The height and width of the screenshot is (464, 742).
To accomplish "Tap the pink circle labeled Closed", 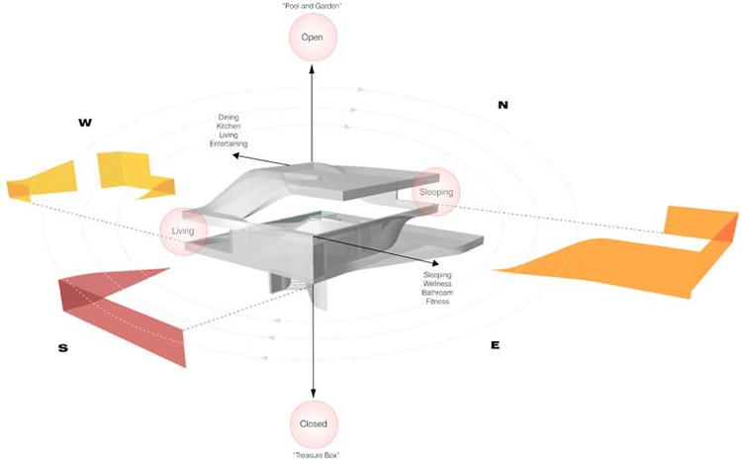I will point(313,423).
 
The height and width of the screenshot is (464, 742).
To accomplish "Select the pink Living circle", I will point(183,232).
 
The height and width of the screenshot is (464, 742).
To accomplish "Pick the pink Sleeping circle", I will point(436,192).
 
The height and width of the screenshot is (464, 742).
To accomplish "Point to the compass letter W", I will point(85,123).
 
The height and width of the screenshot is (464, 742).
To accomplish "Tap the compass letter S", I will point(62,347).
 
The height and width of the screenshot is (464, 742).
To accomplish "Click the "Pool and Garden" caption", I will point(313,7).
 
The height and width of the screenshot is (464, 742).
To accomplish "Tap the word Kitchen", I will point(229,127).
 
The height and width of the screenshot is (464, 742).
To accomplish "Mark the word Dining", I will point(229,118).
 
